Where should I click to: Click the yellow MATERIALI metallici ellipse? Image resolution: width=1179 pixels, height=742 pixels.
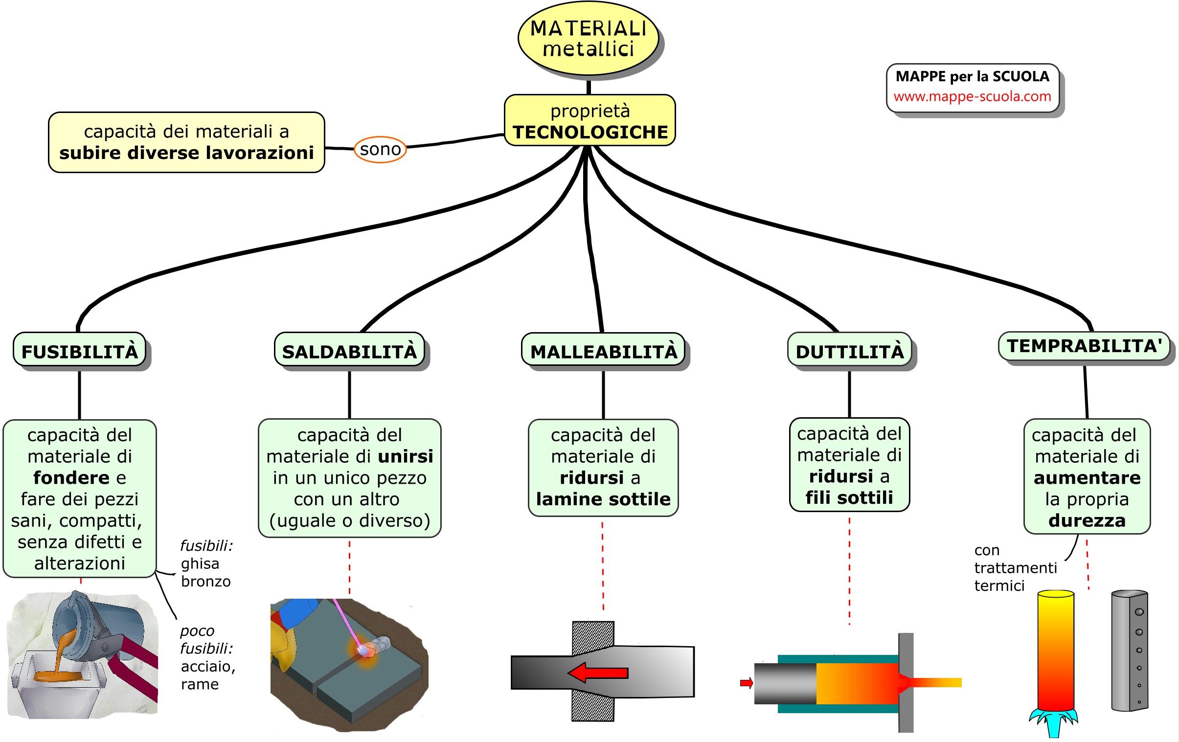coord(588,39)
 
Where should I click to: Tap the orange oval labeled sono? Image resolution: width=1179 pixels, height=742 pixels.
coord(381,149)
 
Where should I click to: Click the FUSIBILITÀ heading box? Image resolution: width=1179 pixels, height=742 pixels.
coord(80,351)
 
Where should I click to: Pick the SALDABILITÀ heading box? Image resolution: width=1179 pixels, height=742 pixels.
coord(349,351)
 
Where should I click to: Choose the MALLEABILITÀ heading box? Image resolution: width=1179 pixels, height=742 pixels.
coord(603,351)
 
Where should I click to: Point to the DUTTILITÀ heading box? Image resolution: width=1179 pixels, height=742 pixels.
coord(849,351)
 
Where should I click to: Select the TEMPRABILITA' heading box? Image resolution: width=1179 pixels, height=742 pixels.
coord(1084,346)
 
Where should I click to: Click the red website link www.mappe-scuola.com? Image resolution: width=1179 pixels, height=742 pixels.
coord(973,96)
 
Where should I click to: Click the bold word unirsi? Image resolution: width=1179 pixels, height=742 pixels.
coord(406,456)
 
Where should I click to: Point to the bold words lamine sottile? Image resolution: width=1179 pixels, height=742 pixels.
coord(603,499)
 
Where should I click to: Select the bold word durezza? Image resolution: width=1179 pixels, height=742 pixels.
coord(1087,520)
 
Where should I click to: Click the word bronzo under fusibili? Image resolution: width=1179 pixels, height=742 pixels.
coord(205,582)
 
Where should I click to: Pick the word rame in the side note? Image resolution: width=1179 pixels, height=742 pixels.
coord(200,684)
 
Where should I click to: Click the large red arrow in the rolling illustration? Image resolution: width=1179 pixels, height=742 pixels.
coord(598,673)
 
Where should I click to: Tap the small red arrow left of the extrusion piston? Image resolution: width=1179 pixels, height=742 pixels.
coord(746,683)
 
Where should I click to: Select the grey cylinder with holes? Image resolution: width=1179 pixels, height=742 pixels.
coord(1129,651)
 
